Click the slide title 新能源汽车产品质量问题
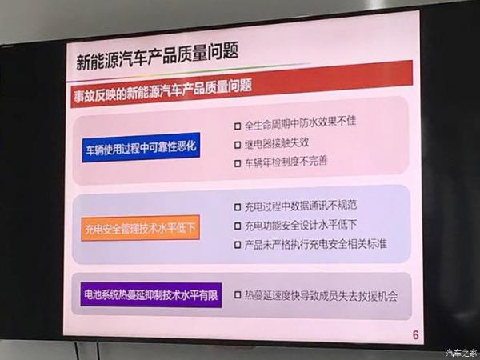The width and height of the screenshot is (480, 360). click(157, 57)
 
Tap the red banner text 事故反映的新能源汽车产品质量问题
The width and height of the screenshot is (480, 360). click(162, 90)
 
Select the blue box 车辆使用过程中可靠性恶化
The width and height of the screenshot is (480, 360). click(141, 147)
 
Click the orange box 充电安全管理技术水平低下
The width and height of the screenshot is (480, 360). click(141, 228)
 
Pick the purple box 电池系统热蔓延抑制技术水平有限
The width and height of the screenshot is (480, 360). click(151, 294)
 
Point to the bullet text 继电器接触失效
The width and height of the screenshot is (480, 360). click(277, 143)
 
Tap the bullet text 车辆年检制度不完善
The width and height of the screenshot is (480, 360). click(286, 162)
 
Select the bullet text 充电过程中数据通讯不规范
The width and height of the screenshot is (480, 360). click(300, 206)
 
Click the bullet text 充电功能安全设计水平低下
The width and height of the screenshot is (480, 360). click(300, 225)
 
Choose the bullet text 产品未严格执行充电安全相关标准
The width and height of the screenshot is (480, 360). click(315, 244)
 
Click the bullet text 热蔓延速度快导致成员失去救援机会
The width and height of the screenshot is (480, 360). click(321, 296)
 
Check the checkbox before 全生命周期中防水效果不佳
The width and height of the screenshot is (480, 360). click(238, 126)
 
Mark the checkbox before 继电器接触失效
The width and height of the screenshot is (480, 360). click(238, 145)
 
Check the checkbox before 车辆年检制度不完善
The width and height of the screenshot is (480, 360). click(238, 163)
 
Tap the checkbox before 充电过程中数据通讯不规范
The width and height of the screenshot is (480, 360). click(238, 207)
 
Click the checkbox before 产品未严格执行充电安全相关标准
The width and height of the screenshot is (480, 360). click(238, 245)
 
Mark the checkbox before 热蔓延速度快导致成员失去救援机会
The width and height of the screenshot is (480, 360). click(238, 295)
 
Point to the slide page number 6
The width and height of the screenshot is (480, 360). click(415, 335)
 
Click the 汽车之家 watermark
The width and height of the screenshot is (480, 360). click(462, 353)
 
